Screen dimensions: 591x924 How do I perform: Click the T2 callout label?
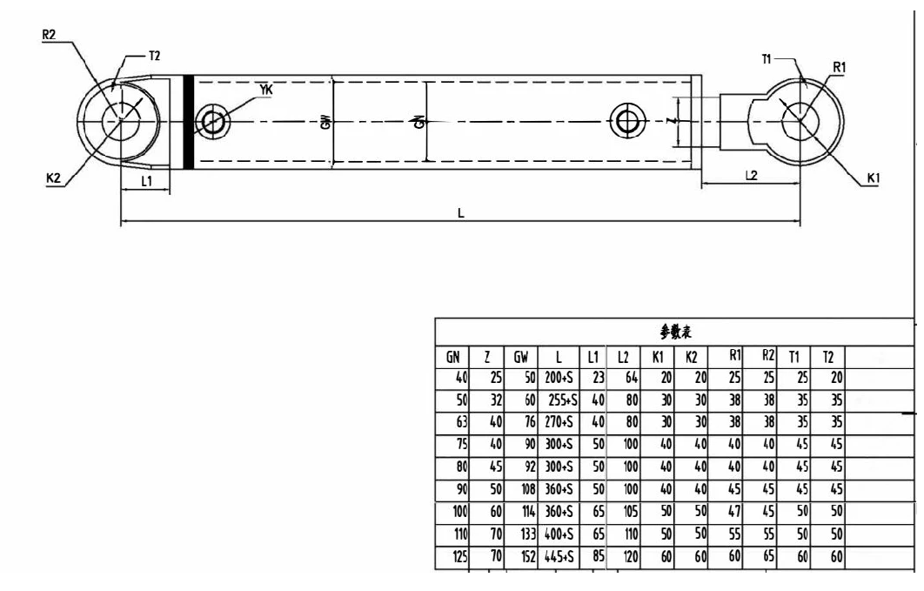click(154, 55)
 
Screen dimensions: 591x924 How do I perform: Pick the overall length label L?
click(462, 212)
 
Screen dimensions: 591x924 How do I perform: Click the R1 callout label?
click(840, 67)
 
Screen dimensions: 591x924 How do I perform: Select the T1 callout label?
click(767, 57)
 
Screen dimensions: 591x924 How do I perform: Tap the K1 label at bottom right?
click(874, 178)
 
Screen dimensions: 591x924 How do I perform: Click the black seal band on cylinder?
click(188, 123)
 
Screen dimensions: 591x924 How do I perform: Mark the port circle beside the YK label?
click(212, 121)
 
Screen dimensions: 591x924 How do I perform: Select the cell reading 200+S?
click(557, 377)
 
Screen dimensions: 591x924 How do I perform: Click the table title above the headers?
click(676, 332)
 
